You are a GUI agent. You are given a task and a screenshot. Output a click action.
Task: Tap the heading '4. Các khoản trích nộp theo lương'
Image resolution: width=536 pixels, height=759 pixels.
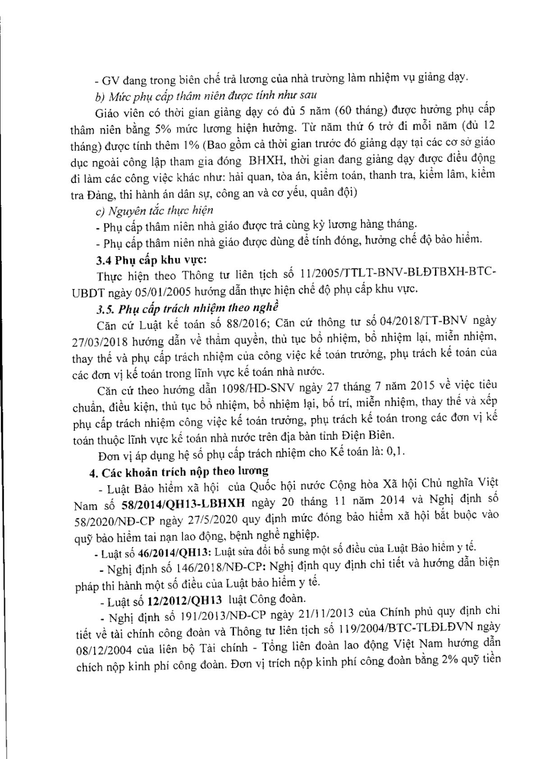pyautogui.click(x=178, y=472)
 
